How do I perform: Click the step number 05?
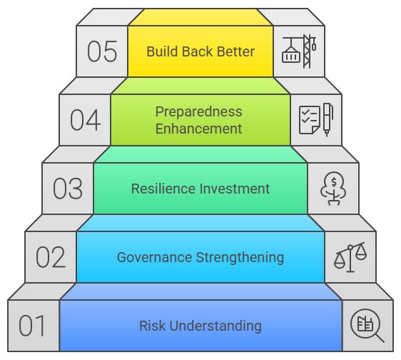(102, 51)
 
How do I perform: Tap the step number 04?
(85, 120)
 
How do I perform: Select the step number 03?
(68, 189)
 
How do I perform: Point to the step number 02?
(51, 257)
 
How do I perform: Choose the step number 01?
(32, 326)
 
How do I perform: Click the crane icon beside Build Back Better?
(299, 51)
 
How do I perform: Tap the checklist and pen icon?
(316, 119)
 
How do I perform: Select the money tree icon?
(333, 189)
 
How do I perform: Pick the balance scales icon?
(350, 257)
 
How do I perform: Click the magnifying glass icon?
(367, 326)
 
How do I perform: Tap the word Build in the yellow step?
(162, 51)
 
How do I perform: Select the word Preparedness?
(198, 111)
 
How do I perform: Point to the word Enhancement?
(198, 129)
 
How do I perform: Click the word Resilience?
(163, 189)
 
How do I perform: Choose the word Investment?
(235, 189)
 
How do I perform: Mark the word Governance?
(154, 257)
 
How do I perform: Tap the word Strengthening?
(240, 258)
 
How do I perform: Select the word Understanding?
(215, 326)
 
